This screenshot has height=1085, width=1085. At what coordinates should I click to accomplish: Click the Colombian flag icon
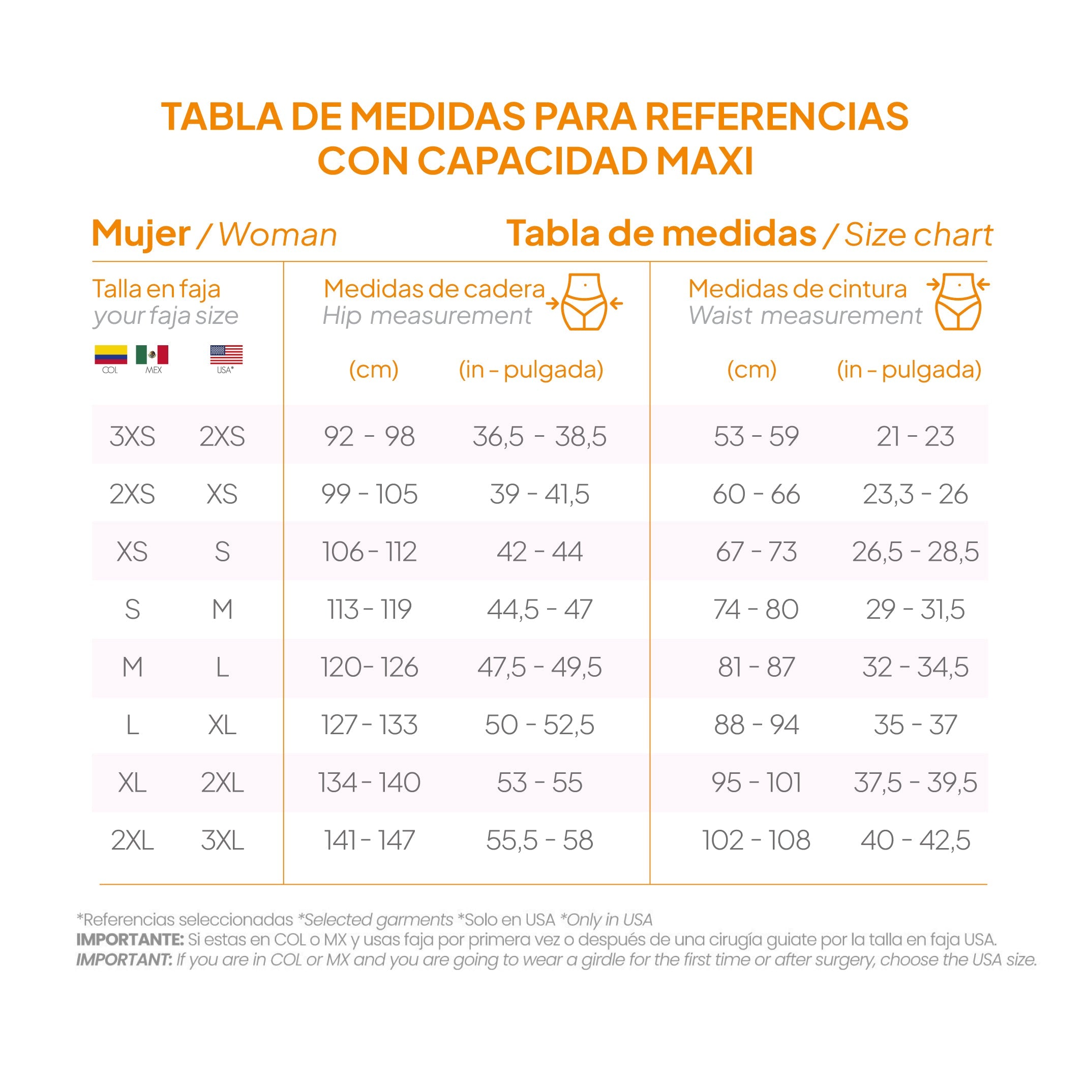pos(111,354)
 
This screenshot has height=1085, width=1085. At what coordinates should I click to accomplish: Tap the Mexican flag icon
pos(152,354)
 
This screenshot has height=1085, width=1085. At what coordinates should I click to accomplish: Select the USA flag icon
pos(226,354)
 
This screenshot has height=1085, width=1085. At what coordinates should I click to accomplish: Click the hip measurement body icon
pos(585,302)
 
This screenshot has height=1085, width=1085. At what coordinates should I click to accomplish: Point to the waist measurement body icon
pos(958,302)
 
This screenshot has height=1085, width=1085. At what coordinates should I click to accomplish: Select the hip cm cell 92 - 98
pos(369,436)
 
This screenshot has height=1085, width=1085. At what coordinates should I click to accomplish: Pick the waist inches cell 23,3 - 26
pos(915,494)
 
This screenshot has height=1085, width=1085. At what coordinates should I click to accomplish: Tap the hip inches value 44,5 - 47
pos(539,609)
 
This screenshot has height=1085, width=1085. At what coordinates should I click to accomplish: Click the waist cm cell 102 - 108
pos(756,841)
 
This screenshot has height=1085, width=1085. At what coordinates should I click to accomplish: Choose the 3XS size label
pos(132,436)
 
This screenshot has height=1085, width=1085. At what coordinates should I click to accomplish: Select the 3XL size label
pos(222,841)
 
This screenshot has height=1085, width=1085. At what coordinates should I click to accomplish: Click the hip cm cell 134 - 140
pos(369,783)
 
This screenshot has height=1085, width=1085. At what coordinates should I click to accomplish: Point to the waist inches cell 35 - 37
pos(915,725)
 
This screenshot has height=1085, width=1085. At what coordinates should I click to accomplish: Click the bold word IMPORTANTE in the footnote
pos(130,939)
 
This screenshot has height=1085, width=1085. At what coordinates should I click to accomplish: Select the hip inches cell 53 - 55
pos(539,783)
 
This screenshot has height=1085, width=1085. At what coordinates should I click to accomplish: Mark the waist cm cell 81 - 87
pos(756,667)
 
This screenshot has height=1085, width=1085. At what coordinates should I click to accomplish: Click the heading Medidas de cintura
pos(797,289)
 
